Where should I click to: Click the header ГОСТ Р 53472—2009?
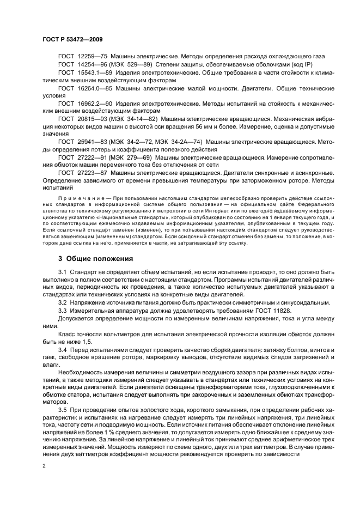[72, 40]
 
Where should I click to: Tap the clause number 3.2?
[63, 302]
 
